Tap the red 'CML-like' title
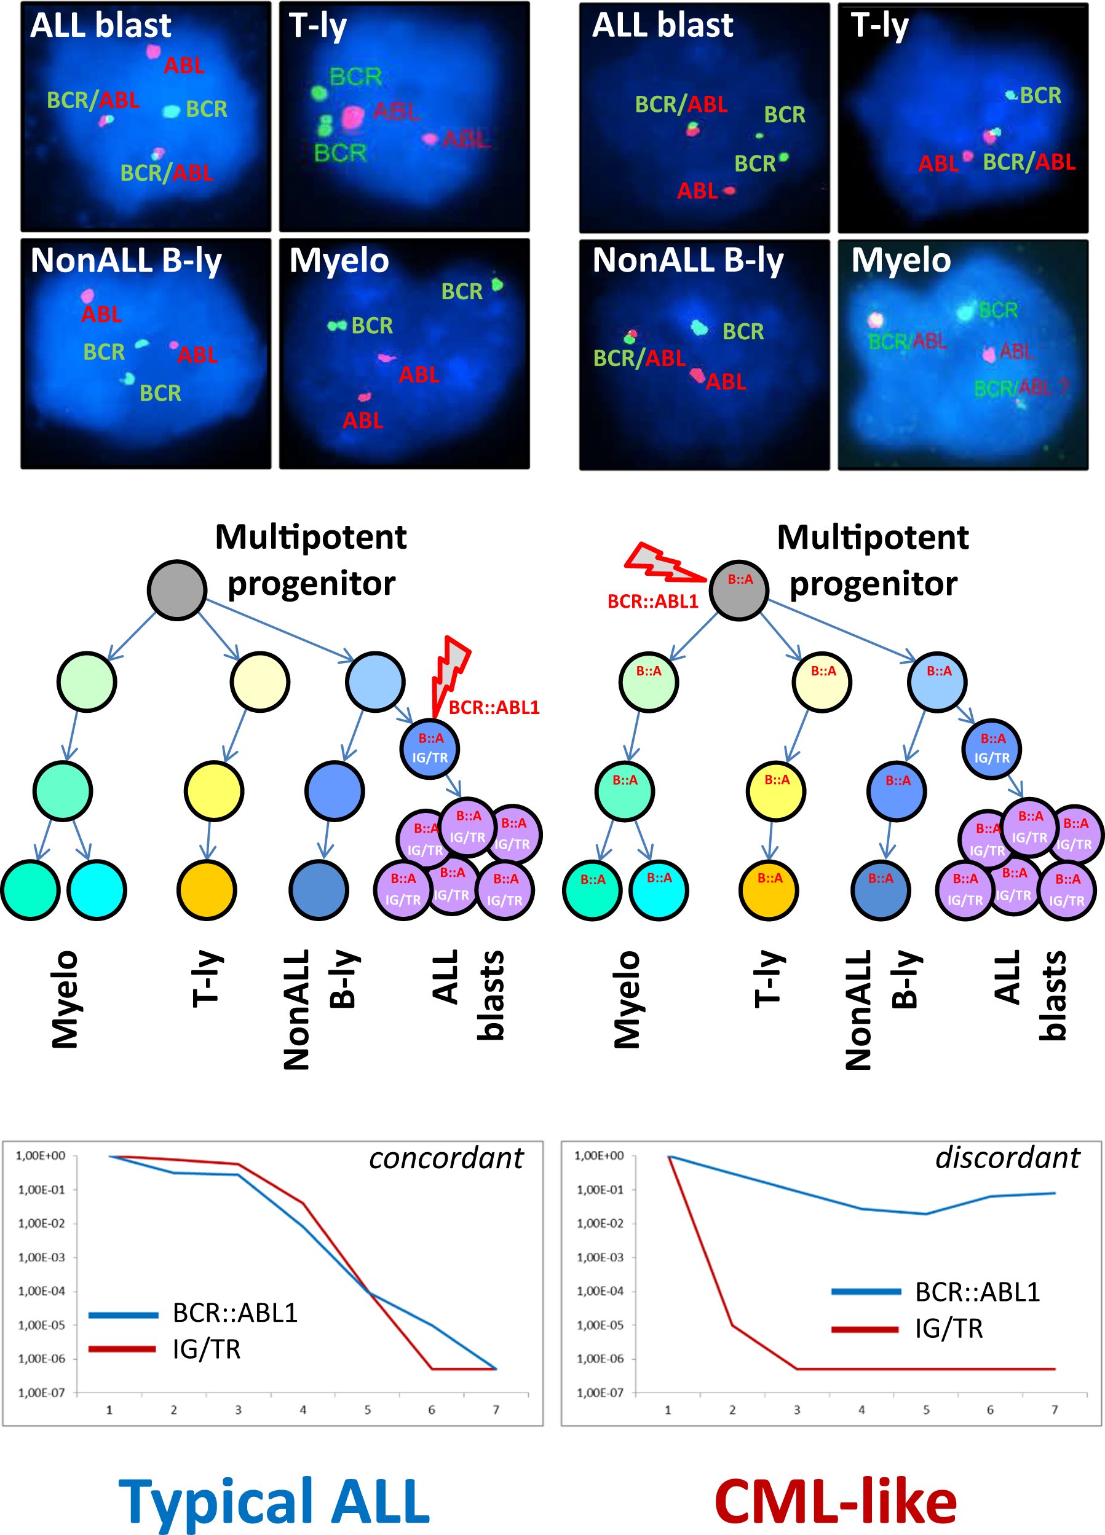(835, 1502)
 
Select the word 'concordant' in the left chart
(446, 1158)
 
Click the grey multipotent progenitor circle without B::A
(176, 589)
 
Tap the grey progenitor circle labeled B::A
(739, 590)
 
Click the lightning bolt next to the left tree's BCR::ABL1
(450, 673)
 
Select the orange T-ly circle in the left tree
(207, 890)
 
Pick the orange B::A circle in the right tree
(769, 889)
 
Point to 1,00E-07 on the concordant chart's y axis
(41, 1392)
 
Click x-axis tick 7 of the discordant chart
(1054, 1410)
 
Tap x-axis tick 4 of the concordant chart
(303, 1410)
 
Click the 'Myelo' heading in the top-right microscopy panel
(900, 260)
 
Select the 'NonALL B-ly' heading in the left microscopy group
(126, 260)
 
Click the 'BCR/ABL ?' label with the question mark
(1021, 388)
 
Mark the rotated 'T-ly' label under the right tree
(769, 979)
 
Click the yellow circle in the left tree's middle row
(213, 790)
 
